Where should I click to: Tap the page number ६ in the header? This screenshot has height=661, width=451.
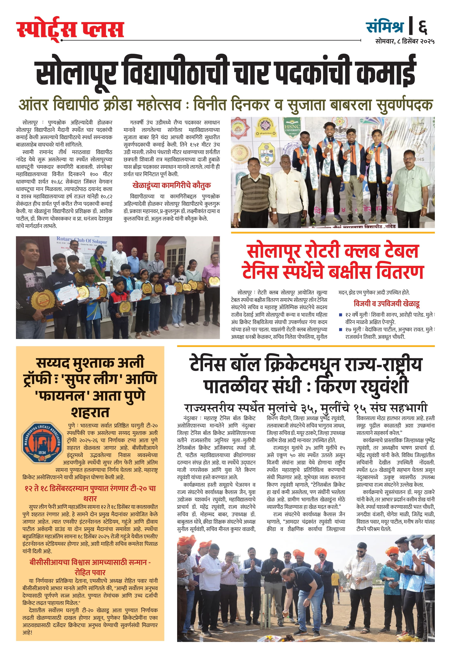(x=422, y=27)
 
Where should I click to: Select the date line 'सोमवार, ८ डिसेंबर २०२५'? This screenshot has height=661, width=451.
(x=405, y=42)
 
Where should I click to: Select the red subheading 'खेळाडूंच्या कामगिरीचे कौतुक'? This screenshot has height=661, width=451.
(x=171, y=185)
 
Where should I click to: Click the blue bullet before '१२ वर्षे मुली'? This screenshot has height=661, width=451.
(x=341, y=315)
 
